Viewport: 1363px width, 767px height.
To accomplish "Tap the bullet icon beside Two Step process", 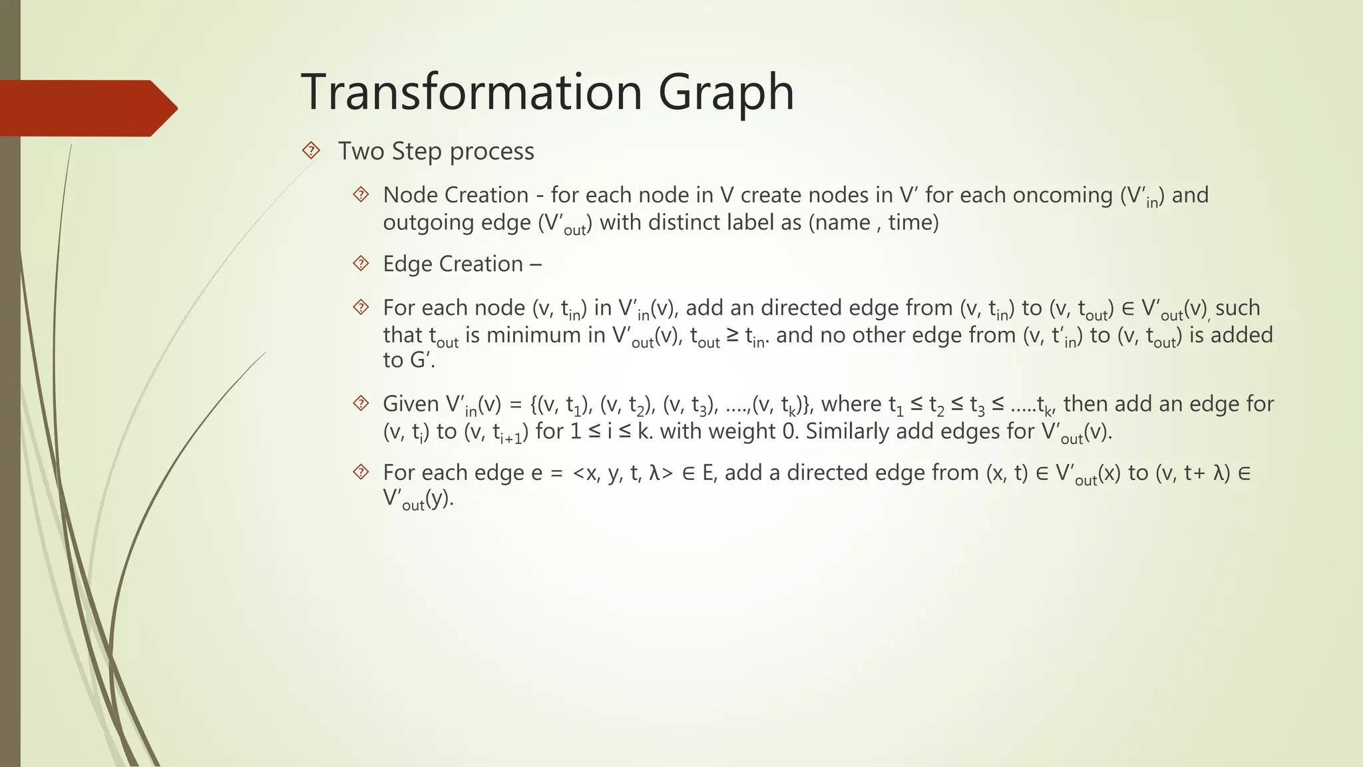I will click(x=311, y=151).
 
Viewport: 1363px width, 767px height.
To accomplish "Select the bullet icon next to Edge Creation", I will click(x=361, y=264).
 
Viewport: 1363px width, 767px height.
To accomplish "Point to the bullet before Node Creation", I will click(x=361, y=195).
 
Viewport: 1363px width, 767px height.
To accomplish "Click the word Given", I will click(x=411, y=404).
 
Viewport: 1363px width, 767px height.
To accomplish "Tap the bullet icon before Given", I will click(x=361, y=403).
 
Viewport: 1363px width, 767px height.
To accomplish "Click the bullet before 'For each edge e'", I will click(x=361, y=473).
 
